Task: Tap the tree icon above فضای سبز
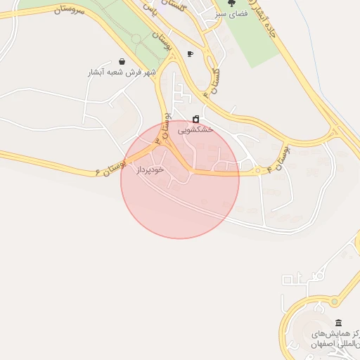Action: point(231,4)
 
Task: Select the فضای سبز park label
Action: point(231,14)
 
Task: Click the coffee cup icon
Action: point(190,54)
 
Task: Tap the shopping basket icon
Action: point(122,61)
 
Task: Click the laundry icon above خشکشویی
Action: point(195,119)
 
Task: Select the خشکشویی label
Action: point(195,130)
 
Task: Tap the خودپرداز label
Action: point(150,169)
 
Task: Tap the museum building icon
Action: point(338,302)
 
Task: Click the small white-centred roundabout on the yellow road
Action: point(258,170)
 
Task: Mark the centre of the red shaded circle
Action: point(180,180)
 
